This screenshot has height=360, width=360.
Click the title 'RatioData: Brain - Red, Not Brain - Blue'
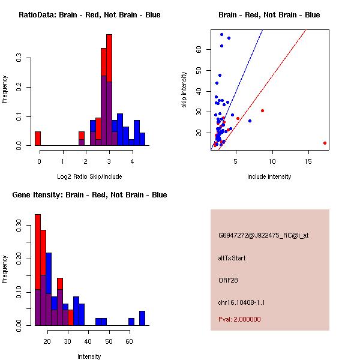[x=89, y=15]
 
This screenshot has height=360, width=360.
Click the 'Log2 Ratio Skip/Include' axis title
[x=89, y=176]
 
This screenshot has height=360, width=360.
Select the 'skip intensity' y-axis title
[x=184, y=90]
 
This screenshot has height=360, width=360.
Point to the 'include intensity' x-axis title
[x=269, y=176]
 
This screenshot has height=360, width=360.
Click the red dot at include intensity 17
[x=325, y=143]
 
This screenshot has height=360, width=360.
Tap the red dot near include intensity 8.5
[x=262, y=110]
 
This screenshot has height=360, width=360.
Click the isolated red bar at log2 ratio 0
[x=38, y=139]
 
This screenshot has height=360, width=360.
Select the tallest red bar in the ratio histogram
[x=109, y=60]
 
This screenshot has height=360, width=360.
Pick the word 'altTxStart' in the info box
[x=232, y=258]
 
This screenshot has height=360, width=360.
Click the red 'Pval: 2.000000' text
[x=239, y=319]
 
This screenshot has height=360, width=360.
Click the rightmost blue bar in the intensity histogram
[x=142, y=318]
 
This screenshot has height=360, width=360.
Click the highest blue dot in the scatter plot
[x=221, y=34]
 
